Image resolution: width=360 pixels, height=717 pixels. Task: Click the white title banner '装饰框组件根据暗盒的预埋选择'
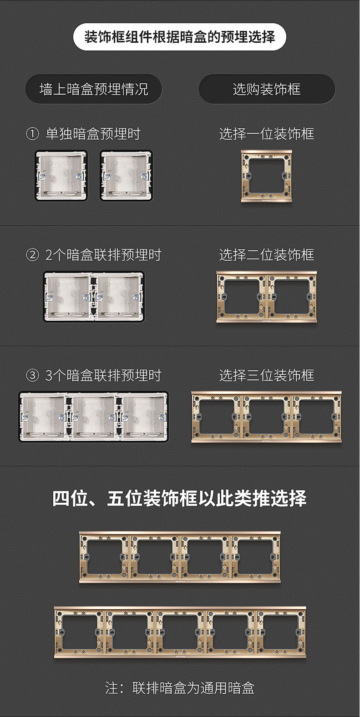(180, 37)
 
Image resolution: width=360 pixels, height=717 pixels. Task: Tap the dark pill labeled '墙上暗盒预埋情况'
(93, 89)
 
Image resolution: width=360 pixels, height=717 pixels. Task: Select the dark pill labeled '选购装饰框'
(267, 89)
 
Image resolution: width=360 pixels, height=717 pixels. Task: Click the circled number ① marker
(32, 134)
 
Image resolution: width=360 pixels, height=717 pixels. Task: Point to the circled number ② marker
(32, 255)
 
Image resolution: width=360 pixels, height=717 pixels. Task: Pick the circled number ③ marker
(32, 375)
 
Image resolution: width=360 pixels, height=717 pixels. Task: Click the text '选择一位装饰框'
(267, 134)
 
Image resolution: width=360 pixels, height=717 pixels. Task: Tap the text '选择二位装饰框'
(267, 255)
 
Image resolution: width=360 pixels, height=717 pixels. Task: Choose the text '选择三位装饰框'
(267, 375)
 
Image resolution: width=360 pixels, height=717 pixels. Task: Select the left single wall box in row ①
(61, 176)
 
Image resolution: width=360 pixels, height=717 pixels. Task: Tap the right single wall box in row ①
(126, 176)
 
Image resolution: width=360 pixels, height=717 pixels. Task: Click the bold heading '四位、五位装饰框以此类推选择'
(180, 498)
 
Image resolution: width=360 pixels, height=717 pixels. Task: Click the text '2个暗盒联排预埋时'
(103, 255)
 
